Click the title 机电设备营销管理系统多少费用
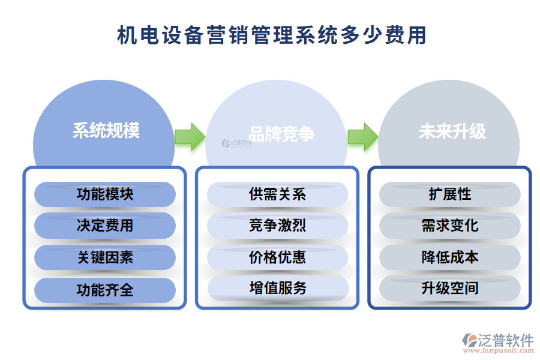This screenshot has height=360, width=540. coord(271,35)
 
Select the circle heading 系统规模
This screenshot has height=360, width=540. coord(106,131)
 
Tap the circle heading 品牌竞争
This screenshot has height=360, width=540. coord(281,134)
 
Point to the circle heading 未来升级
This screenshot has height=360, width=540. coord(452,131)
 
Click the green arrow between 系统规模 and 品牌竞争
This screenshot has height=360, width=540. coord(190,137)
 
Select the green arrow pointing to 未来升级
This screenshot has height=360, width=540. coord(362,137)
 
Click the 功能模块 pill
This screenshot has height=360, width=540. coord(105,194)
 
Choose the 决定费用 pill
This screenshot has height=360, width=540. coord(105,226)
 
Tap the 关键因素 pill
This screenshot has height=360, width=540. coord(105,257)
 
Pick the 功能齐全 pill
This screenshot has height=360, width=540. coord(105,290)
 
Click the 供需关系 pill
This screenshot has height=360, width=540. coord(278,194)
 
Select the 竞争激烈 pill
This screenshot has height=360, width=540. coord(278,226)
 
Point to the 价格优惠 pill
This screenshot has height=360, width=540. coord(278,257)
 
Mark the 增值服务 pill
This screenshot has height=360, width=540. coord(278,288)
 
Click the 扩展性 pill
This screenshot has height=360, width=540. coord(450,194)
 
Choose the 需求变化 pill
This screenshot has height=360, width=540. coord(450,226)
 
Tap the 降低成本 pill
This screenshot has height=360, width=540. coord(450,257)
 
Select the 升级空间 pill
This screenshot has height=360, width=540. coord(450,288)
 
